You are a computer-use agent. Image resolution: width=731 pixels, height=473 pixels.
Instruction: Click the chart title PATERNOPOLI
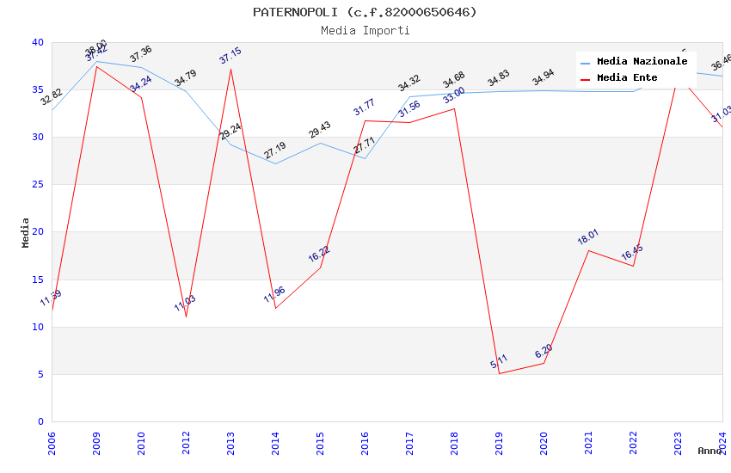(365, 12)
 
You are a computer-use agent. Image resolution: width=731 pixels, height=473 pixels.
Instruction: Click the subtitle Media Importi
(365, 30)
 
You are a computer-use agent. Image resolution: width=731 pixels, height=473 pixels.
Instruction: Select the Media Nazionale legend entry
(642, 62)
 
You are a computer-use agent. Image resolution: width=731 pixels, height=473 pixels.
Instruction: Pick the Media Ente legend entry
(627, 78)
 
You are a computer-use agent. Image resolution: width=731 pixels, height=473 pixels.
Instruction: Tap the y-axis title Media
(26, 232)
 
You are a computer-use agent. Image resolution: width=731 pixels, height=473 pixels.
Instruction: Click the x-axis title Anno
(709, 451)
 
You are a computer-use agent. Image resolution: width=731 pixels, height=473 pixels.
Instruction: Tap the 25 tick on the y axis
(38, 185)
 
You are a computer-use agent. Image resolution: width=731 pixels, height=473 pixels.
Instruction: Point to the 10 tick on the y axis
(38, 327)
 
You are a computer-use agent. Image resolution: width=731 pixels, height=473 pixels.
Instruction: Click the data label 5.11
(499, 362)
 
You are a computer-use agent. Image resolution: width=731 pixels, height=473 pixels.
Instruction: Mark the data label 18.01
(588, 236)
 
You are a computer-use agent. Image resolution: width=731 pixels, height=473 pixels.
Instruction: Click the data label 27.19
(275, 151)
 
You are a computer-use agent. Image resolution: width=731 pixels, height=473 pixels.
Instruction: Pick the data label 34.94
(544, 78)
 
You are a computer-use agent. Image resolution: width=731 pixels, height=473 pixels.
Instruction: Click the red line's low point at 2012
(186, 316)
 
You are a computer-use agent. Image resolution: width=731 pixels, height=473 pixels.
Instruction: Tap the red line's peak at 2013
(230, 69)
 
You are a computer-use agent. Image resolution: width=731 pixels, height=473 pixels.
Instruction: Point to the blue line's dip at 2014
(275, 163)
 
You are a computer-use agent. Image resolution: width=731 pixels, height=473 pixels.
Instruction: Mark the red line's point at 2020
(544, 363)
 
